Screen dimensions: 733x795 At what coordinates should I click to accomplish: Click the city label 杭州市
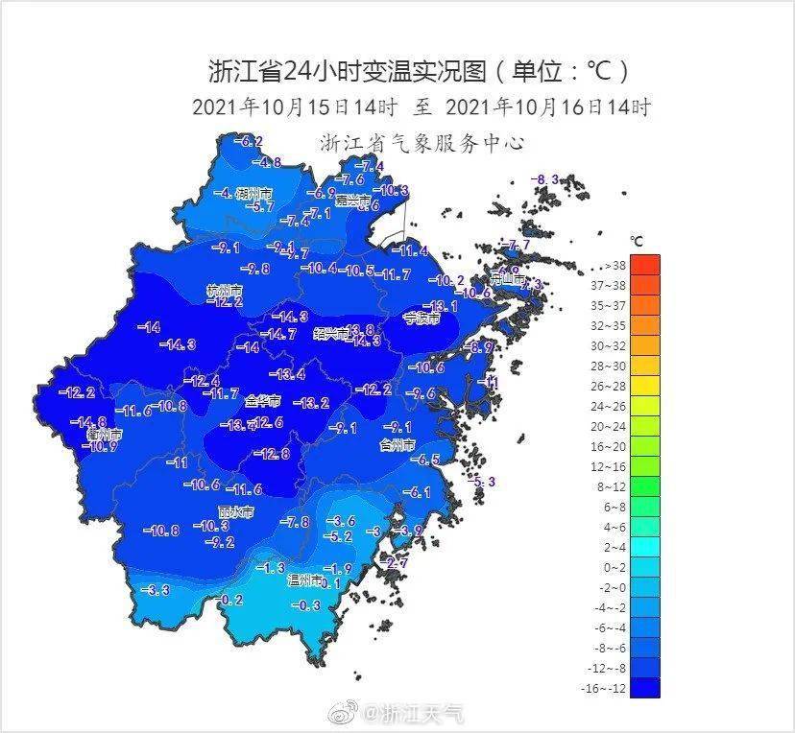pos(224,290)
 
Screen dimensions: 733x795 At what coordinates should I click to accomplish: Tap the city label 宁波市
pos(421,318)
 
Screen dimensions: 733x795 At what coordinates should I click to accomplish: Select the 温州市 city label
pos(306,580)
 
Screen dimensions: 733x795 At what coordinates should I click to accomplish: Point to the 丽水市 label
pos(236,511)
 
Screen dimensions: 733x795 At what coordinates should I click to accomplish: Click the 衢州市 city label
pos(103,435)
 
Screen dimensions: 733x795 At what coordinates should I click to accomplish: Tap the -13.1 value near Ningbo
pos(441,306)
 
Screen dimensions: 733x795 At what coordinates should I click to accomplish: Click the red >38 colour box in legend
pos(645,265)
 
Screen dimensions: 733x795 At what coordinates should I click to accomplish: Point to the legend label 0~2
pos(611,567)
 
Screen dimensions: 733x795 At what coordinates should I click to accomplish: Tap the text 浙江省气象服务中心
pos(422,143)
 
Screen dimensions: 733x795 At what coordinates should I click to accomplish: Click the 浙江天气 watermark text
pos(422,713)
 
